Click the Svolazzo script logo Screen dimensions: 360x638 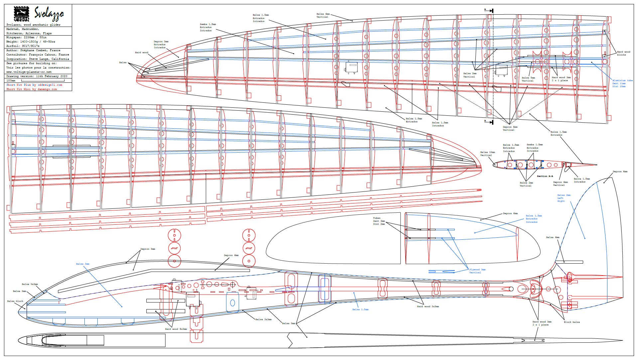pyautogui.click(x=49, y=14)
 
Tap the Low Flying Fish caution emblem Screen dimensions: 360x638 pyautogui.click(x=21, y=14)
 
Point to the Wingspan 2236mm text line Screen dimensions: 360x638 pyautogui.click(x=26, y=38)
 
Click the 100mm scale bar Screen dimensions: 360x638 pyautogui.click(x=43, y=80)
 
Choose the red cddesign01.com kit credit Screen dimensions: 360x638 pyautogui.click(x=34, y=85)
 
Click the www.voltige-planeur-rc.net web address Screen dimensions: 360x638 pyautogui.click(x=29, y=72)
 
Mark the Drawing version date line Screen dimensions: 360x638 pyautogui.click(x=37, y=76)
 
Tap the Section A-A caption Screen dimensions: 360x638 pyautogui.click(x=545, y=176)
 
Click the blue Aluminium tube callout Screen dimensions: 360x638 pyautogui.click(x=622, y=83)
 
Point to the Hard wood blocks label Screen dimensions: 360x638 pyautogui.click(x=623, y=53)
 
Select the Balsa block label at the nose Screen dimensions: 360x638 pyautogui.click(x=15, y=301)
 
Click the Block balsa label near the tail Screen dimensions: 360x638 pyautogui.click(x=572, y=322)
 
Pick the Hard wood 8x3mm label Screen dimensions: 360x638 pyautogui.click(x=176, y=329)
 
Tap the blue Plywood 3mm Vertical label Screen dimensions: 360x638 pyautogui.click(x=477, y=271)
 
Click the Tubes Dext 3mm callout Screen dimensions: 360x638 pyautogui.click(x=379, y=221)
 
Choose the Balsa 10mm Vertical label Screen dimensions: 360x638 pyautogui.click(x=487, y=154)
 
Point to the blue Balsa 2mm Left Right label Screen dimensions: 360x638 pyautogui.click(x=564, y=198)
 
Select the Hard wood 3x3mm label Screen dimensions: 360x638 pyautogui.click(x=428, y=306)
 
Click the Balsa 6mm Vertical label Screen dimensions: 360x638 pyautogui.click(x=323, y=15)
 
